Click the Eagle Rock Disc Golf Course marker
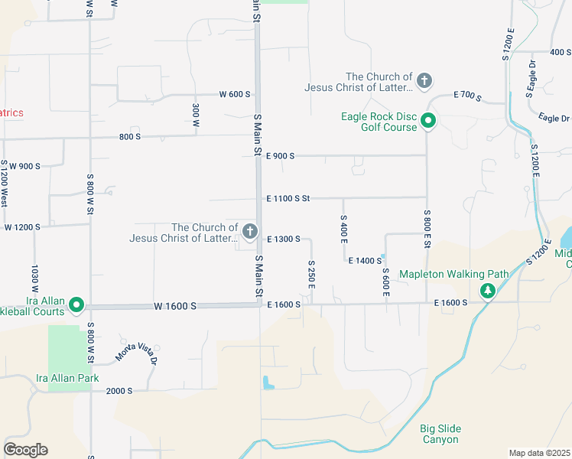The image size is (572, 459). tap(429, 121)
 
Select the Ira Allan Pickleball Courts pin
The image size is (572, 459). tap(76, 305)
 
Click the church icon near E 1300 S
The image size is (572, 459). tap(249, 232)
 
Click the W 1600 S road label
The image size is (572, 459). tap(174, 305)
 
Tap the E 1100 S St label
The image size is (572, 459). tap(288, 198)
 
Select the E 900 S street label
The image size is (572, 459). tap(280, 155)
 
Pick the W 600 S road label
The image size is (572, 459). tap(235, 94)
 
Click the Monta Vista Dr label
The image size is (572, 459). tap(136, 352)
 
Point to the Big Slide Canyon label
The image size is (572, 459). tap(440, 434)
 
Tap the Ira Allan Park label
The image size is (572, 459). tap(67, 378)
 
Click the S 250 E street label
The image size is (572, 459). tap(311, 273)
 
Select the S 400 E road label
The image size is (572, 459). tap(343, 229)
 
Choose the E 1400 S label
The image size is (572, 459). tap(365, 261)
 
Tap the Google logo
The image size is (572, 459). tap(25, 450)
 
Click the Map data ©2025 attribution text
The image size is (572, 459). tap(539, 453)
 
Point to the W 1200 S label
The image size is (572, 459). tap(22, 227)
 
